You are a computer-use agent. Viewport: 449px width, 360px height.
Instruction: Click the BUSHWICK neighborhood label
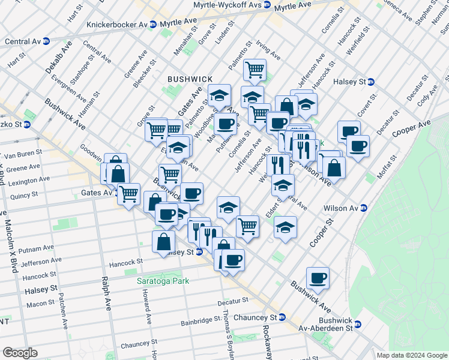pyautogui.click(x=190, y=79)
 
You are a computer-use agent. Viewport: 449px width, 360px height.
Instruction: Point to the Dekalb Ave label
pyautogui.click(x=58, y=57)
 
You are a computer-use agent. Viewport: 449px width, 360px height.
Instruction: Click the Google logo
pyautogui.click(x=20, y=353)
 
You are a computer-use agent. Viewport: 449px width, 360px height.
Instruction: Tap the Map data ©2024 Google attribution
pyautogui.click(x=411, y=355)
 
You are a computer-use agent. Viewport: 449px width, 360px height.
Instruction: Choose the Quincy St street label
pyautogui.click(x=24, y=195)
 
